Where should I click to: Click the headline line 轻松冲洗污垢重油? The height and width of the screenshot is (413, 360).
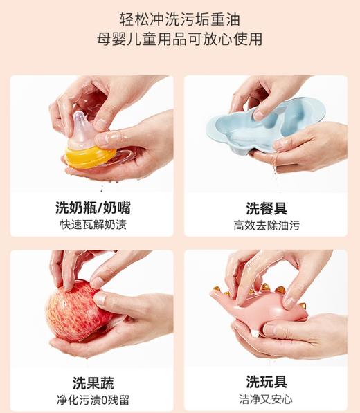(x=180, y=17)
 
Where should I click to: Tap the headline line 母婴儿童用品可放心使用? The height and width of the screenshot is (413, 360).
(x=180, y=39)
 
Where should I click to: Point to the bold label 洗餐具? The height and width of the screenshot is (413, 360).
(x=267, y=208)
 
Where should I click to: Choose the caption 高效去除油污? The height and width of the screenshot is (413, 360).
(x=267, y=226)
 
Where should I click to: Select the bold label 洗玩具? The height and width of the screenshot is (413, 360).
(x=267, y=383)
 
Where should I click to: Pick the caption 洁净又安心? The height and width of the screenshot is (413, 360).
(x=267, y=400)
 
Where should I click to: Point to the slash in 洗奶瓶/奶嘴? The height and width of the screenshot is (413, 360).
(x=98, y=208)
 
